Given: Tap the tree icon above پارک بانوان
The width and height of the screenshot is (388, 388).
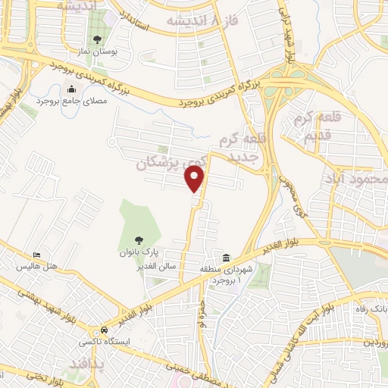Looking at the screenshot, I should tap(137, 240).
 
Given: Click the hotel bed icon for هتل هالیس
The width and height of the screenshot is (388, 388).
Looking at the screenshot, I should tap(36, 256).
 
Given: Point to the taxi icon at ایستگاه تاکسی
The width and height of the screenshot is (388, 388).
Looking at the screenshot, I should tap(102, 331).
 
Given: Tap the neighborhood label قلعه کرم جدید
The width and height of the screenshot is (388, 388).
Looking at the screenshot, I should tap(240, 146).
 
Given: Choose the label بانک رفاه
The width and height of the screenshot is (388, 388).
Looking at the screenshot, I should tap(374, 309).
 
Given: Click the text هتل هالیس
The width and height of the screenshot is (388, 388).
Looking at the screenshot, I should tap(36, 268).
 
